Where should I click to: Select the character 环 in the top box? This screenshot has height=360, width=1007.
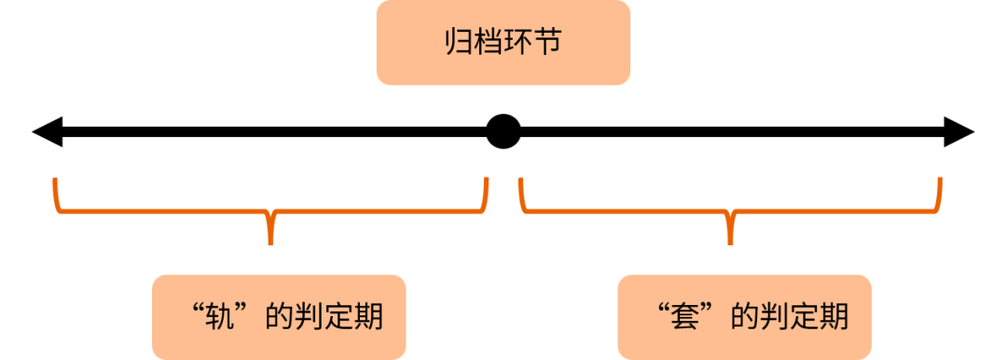click(518, 43)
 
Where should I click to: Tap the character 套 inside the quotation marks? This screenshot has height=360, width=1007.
click(686, 317)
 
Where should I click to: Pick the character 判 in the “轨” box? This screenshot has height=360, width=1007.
click(310, 317)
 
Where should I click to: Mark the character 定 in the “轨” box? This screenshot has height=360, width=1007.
click(339, 317)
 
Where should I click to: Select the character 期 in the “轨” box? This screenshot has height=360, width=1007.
click(369, 317)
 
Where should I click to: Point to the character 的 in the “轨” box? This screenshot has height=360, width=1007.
click(280, 317)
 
